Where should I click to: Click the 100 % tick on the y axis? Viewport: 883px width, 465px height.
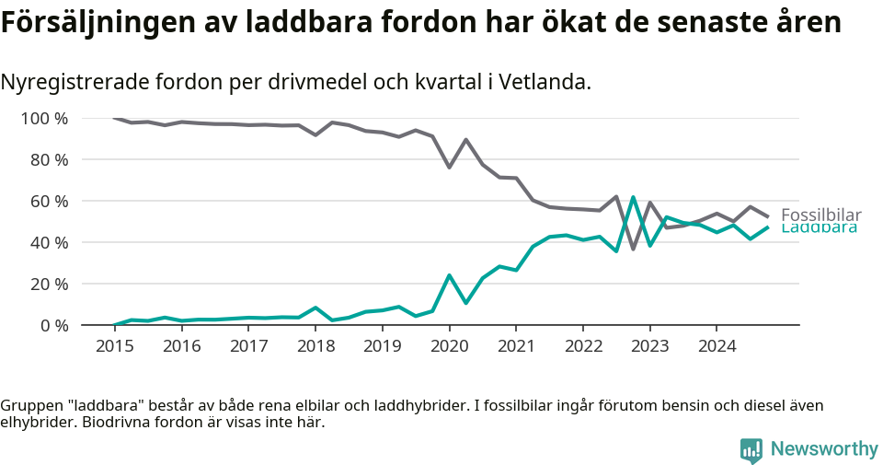coord(43,118)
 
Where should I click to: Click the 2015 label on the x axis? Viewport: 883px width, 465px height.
coord(115,346)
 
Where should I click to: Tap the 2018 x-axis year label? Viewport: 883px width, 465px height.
coord(315,346)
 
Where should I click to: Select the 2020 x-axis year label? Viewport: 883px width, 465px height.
coord(449,346)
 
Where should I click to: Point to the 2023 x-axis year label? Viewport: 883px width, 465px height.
coord(649,346)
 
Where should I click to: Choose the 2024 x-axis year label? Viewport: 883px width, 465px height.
coord(717,346)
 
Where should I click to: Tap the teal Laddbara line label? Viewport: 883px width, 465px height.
coord(819,228)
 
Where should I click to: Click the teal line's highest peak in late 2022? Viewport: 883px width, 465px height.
coord(633,197)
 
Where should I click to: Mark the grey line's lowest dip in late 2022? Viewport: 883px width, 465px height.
coord(633,249)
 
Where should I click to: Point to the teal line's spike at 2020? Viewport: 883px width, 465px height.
coord(449,275)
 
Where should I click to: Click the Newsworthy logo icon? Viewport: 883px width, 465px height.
coord(751,449)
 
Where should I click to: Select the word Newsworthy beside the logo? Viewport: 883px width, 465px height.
coord(824,449)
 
